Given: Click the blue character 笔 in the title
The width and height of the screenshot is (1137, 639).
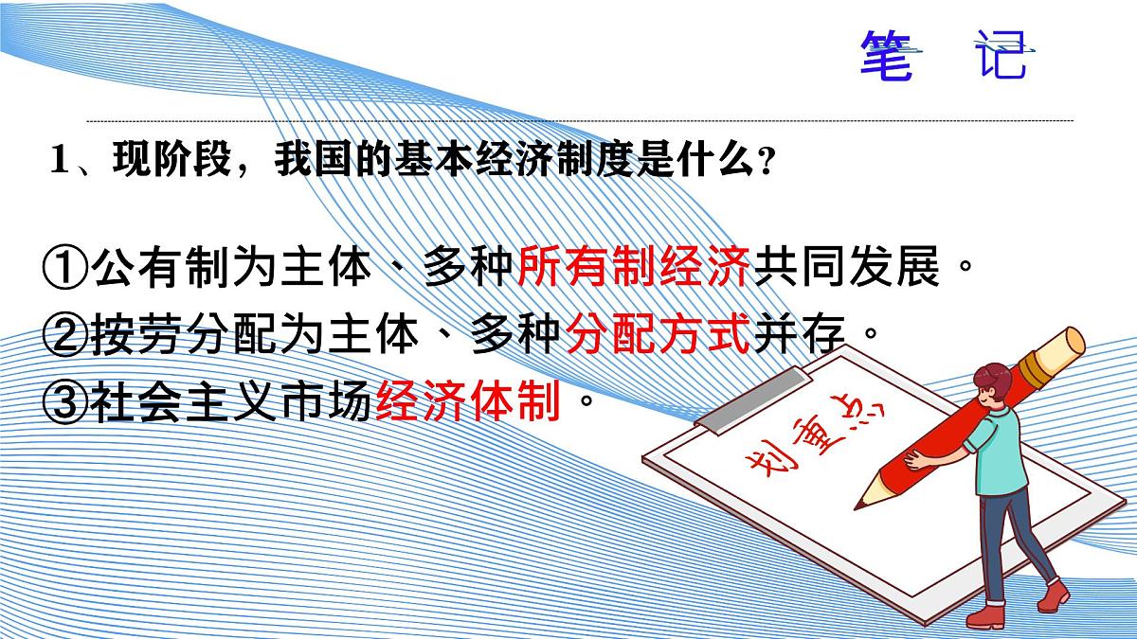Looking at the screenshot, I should (x=886, y=55).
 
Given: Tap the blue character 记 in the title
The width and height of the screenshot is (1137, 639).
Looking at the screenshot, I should (x=1000, y=55).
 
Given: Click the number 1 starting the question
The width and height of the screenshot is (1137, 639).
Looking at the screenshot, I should (x=60, y=162).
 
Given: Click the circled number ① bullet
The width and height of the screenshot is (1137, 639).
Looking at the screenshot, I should (x=65, y=269).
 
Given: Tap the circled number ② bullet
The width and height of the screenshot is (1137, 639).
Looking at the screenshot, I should (x=65, y=337).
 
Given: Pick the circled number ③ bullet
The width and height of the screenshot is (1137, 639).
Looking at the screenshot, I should (x=65, y=404).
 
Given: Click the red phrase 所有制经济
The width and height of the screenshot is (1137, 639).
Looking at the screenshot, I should (x=634, y=269).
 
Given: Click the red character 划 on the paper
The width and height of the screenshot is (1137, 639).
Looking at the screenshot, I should (x=759, y=469).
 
